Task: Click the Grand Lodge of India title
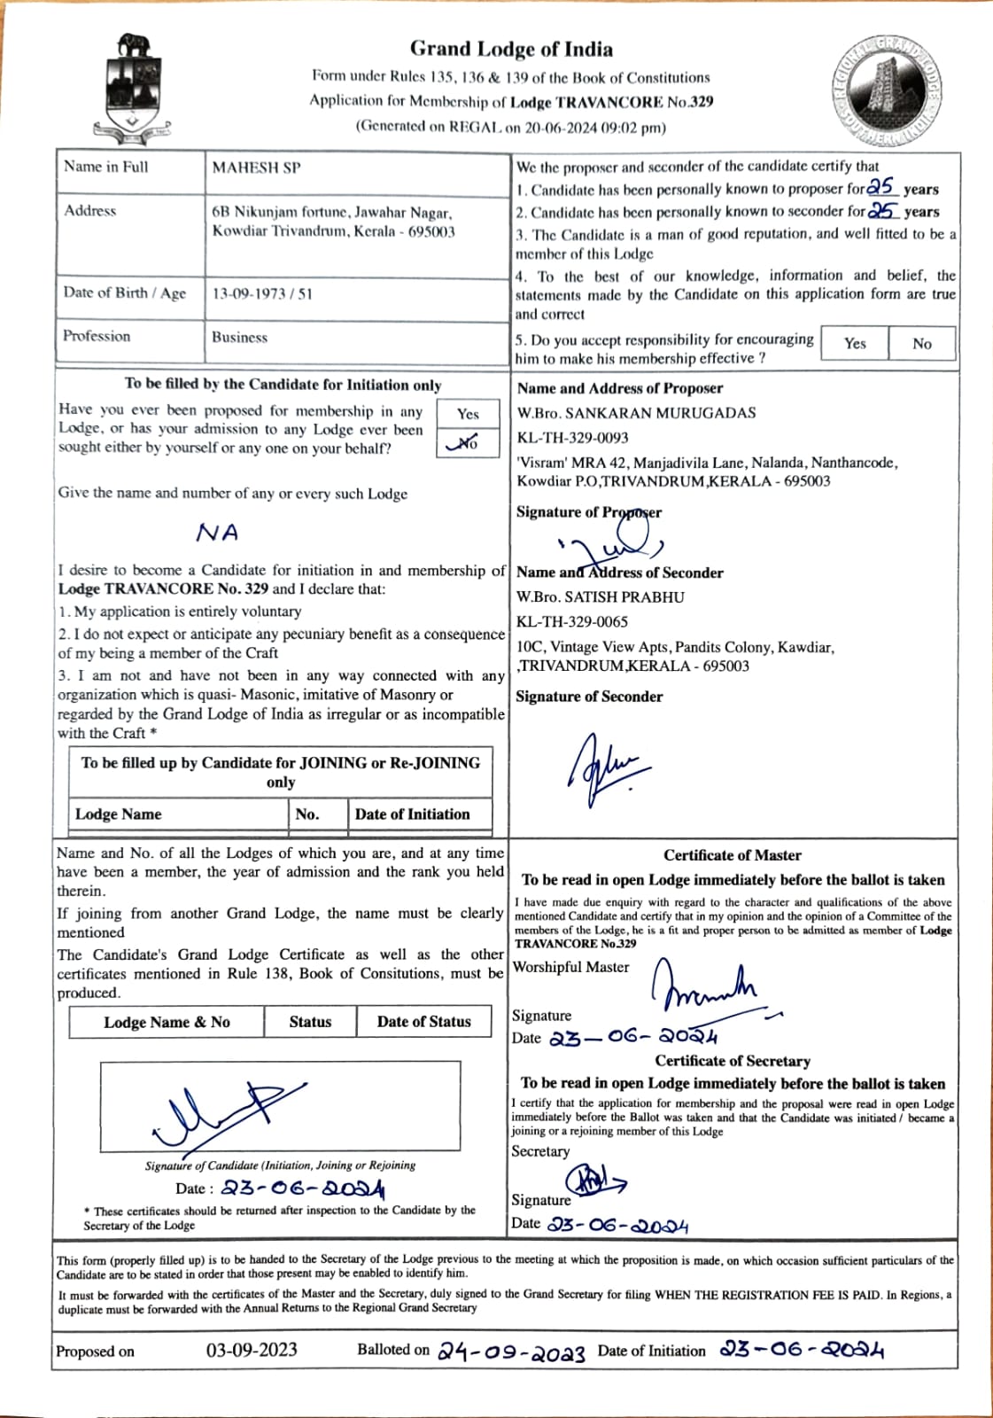tap(511, 49)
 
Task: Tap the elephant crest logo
tap(135, 89)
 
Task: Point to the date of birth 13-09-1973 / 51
tap(262, 293)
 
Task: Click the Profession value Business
tap(239, 337)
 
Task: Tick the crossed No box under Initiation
tap(467, 442)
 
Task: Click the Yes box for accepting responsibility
tap(855, 343)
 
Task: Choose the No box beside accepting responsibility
tap(922, 343)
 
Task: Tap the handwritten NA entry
tap(218, 533)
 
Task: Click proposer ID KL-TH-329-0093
tap(572, 437)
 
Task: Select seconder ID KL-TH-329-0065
tap(572, 621)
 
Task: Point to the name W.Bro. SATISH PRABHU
tap(600, 596)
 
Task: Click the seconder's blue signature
tap(603, 767)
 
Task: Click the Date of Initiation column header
tap(412, 814)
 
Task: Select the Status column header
tap(310, 1021)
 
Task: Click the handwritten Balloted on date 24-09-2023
tap(511, 1352)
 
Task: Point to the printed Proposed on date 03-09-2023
tap(252, 1350)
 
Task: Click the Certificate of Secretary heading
tap(733, 1061)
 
